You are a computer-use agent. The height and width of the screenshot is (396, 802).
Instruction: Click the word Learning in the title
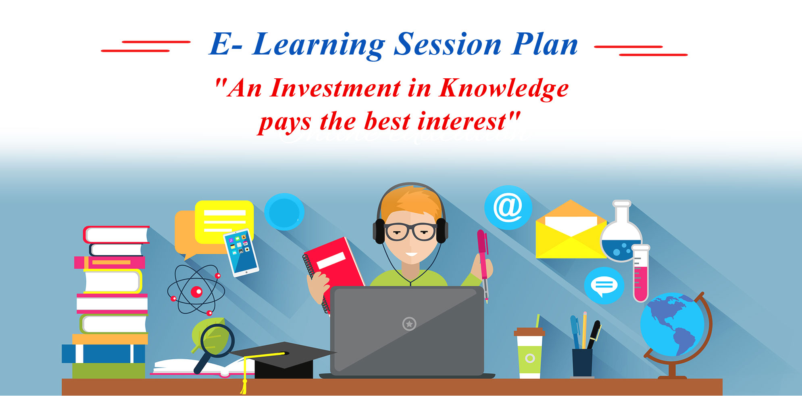(x=319, y=45)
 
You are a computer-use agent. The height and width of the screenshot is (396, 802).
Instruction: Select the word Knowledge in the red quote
(x=504, y=89)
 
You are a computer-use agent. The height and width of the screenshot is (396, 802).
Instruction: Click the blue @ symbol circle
(x=508, y=207)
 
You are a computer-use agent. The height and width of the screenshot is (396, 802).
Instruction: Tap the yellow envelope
(x=571, y=230)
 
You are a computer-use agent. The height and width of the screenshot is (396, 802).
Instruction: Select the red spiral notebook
(x=334, y=272)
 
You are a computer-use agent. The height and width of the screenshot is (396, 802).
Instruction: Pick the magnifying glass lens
(x=217, y=340)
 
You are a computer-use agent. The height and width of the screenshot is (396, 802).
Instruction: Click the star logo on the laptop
(x=409, y=323)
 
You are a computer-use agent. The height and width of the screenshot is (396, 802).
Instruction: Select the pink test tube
(x=640, y=273)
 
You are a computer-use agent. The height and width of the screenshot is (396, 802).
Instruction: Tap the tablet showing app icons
(x=241, y=253)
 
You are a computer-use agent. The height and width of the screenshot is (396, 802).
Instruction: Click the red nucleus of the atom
(x=196, y=291)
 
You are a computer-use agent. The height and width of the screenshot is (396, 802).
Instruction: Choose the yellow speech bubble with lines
(x=224, y=222)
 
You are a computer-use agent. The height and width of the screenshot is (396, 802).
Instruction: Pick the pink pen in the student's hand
(x=483, y=264)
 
